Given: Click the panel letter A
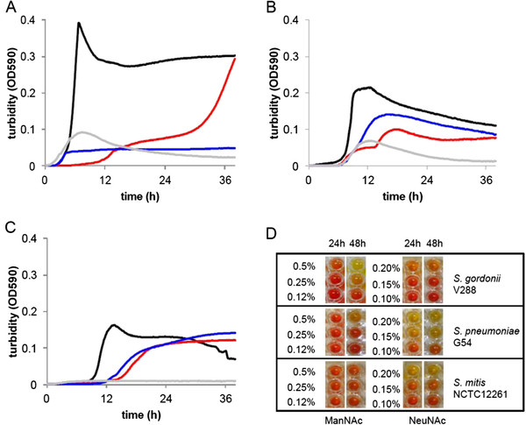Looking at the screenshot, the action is click(11, 7).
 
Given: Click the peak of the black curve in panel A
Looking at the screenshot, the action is click(79, 23).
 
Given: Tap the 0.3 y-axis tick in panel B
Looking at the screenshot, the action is click(291, 56).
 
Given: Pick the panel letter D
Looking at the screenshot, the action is click(272, 233).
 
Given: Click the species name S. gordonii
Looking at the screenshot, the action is click(477, 279).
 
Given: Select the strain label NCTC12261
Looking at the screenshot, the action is click(480, 393).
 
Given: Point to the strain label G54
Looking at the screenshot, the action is click(462, 343).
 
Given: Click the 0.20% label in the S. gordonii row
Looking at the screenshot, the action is click(387, 268).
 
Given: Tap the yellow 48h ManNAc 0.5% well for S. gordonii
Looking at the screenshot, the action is click(356, 266).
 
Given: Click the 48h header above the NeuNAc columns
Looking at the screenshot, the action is click(434, 244).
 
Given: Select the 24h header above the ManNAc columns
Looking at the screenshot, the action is click(337, 244).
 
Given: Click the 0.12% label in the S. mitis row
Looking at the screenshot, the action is click(301, 401).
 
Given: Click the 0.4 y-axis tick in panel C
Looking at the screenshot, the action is click(30, 238).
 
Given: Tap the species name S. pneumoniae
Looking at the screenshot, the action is click(486, 331).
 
